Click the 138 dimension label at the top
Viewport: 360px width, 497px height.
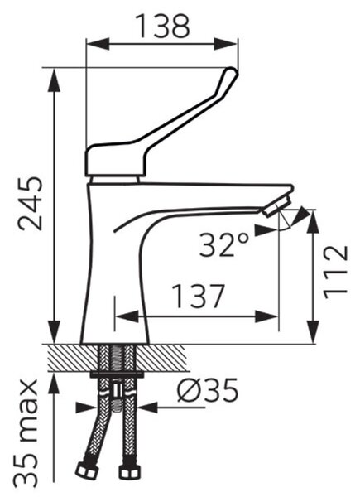[163, 26]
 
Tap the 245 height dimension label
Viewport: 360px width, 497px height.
[30, 204]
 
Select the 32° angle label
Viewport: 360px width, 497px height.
[223, 245]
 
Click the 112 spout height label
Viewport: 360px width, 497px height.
[335, 273]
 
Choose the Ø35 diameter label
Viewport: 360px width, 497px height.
[208, 390]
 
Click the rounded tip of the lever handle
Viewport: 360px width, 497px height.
[231, 74]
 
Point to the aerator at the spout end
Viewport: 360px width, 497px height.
[276, 205]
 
